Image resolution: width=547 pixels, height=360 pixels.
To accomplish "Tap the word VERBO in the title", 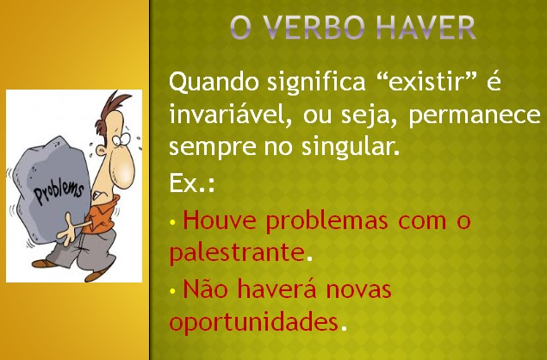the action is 314,27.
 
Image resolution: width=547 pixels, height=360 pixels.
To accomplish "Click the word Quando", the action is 214,83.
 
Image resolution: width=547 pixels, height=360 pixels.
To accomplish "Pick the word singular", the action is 351,147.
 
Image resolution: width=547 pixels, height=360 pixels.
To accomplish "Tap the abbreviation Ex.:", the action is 191,183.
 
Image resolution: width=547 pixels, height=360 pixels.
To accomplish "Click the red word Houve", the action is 220,220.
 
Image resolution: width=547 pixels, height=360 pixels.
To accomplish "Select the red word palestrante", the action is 237,253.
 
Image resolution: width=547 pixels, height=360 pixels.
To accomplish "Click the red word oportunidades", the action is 253,322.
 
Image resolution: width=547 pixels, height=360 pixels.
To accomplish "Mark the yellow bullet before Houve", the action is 172,222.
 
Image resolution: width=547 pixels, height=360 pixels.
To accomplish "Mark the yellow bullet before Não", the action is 172,290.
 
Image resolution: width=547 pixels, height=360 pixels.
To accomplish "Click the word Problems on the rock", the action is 59,191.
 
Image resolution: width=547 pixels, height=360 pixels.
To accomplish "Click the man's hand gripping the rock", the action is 67,230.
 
